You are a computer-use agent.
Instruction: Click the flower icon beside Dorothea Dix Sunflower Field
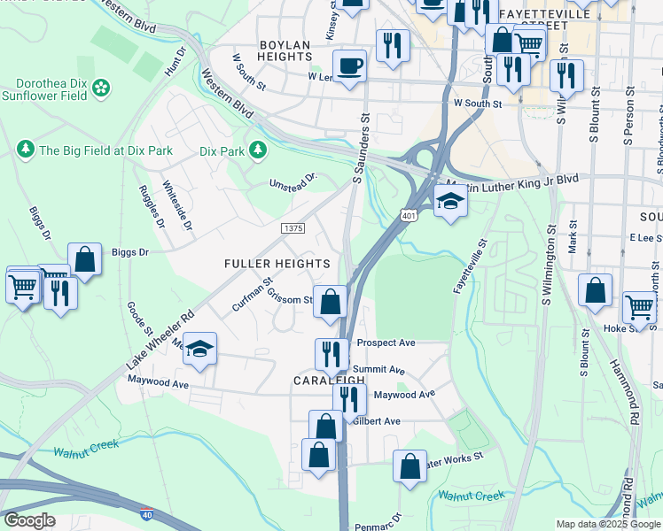tap(102, 87)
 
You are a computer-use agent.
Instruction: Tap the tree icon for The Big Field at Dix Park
tap(26, 150)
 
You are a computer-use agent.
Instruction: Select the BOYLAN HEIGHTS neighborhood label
tap(285, 50)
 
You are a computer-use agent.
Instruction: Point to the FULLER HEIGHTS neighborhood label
tap(277, 264)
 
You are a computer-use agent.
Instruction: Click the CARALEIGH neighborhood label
tap(324, 379)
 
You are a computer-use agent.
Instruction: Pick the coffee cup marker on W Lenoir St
tap(349, 65)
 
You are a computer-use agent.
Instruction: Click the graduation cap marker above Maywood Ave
tap(200, 350)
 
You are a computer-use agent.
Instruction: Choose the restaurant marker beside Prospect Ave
tap(331, 354)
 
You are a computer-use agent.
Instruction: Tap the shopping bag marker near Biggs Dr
tap(84, 260)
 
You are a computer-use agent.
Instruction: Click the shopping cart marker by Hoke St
tap(638, 306)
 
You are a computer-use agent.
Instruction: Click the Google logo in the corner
tap(29, 520)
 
